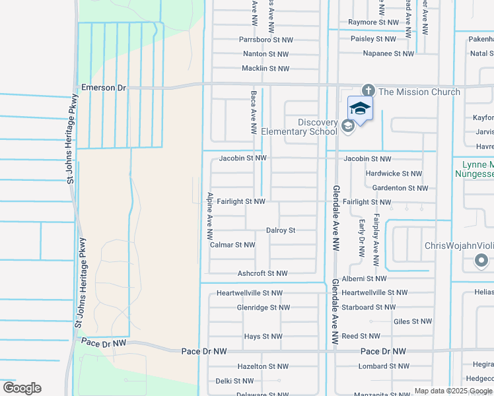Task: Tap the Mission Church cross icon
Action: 368,91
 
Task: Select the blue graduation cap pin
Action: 360,108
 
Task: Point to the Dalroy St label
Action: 280,230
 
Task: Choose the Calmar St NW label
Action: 232,245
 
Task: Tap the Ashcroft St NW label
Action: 262,273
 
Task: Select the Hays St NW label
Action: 263,337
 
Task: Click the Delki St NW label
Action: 234,381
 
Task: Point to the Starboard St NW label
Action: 368,307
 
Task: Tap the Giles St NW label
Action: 412,321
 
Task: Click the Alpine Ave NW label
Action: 209,216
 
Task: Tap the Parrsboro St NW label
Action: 265,40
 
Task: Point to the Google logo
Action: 22,388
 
